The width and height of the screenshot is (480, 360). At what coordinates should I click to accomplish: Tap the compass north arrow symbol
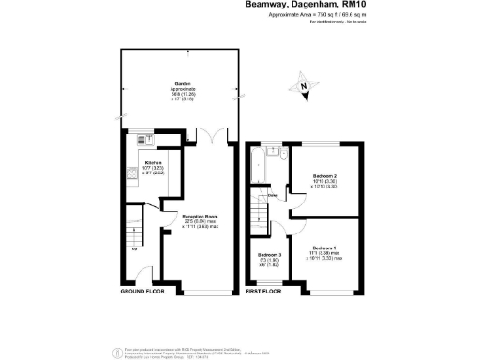pyautogui.click(x=302, y=88)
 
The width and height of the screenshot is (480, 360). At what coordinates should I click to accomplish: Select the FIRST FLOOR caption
pyautogui.click(x=263, y=292)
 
